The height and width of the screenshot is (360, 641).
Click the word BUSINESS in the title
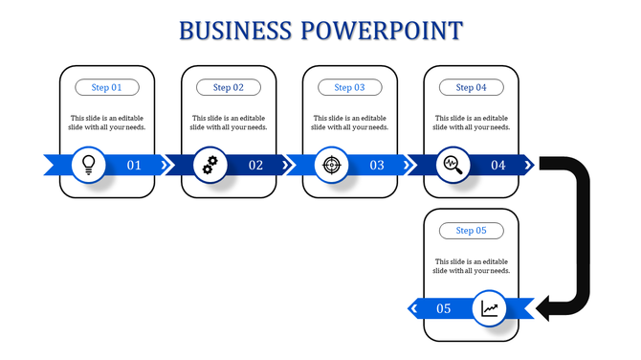tap(235, 31)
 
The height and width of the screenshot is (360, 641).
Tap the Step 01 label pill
tap(107, 87)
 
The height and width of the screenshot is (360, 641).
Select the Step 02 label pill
tap(229, 87)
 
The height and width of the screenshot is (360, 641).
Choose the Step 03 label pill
tap(349, 87)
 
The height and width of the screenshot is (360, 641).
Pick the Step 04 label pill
tap(471, 87)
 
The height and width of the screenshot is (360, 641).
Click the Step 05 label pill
tap(471, 231)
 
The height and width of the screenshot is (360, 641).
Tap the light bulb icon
tap(89, 165)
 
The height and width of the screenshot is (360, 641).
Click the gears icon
tap(210, 165)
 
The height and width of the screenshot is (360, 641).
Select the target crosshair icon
tap(331, 165)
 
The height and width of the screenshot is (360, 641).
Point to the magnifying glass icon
tap(453, 165)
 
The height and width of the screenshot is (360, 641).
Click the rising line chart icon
tap(490, 308)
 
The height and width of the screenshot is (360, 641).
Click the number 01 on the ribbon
tap(134, 166)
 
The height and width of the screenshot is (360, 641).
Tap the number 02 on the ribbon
tap(255, 166)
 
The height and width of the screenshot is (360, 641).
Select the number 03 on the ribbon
tap(377, 166)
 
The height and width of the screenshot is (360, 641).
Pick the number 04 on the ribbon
tap(498, 166)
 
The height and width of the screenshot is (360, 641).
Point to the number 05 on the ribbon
tap(444, 308)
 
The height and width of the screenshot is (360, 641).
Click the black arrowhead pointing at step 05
tap(548, 307)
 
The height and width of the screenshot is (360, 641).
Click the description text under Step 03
tap(349, 123)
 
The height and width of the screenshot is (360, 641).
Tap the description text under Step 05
tap(471, 266)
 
